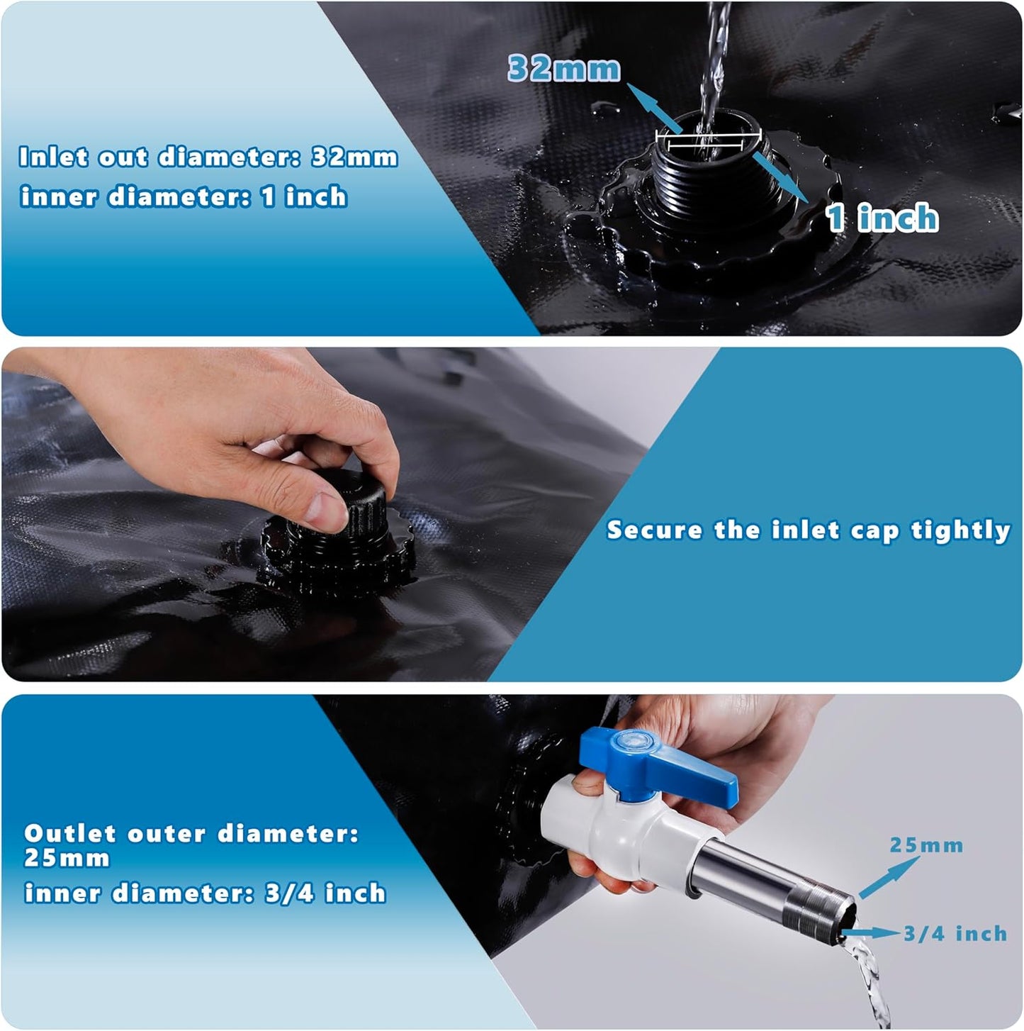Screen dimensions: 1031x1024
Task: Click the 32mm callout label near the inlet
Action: [564, 69]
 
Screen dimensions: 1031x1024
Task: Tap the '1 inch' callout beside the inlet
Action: [882, 217]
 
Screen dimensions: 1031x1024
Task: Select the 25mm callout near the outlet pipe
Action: [926, 845]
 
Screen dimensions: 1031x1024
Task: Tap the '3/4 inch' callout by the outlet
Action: [955, 934]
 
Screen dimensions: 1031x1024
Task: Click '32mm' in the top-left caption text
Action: [354, 157]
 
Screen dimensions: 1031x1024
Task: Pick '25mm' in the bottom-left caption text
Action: [67, 858]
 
